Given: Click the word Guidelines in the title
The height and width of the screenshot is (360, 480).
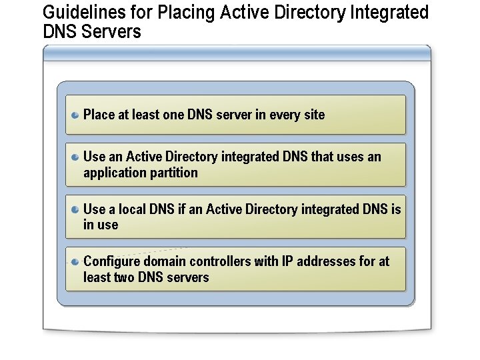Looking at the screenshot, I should pyautogui.click(x=75, y=13).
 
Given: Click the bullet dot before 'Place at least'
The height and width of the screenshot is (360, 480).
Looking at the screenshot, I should pyautogui.click(x=76, y=115).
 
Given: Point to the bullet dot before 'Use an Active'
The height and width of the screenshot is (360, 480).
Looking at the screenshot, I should pyautogui.click(x=76, y=157).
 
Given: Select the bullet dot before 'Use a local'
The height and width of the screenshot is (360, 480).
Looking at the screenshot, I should pyautogui.click(x=76, y=209).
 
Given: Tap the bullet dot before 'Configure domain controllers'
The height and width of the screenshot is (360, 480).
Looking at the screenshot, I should pyautogui.click(x=76, y=261).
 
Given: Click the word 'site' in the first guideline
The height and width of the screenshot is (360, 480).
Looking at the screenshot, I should pyautogui.click(x=314, y=115).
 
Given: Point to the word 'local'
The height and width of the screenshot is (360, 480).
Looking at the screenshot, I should pyautogui.click(x=133, y=209).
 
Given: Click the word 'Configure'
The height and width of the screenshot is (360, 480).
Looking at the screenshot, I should pyautogui.click(x=111, y=261).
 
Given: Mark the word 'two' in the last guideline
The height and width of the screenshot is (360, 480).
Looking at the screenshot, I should pyautogui.click(x=124, y=277).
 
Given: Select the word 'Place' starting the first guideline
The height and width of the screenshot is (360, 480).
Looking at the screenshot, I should pyautogui.click(x=99, y=115).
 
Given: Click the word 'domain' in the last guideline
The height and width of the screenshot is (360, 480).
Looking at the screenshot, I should pyautogui.click(x=164, y=261).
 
